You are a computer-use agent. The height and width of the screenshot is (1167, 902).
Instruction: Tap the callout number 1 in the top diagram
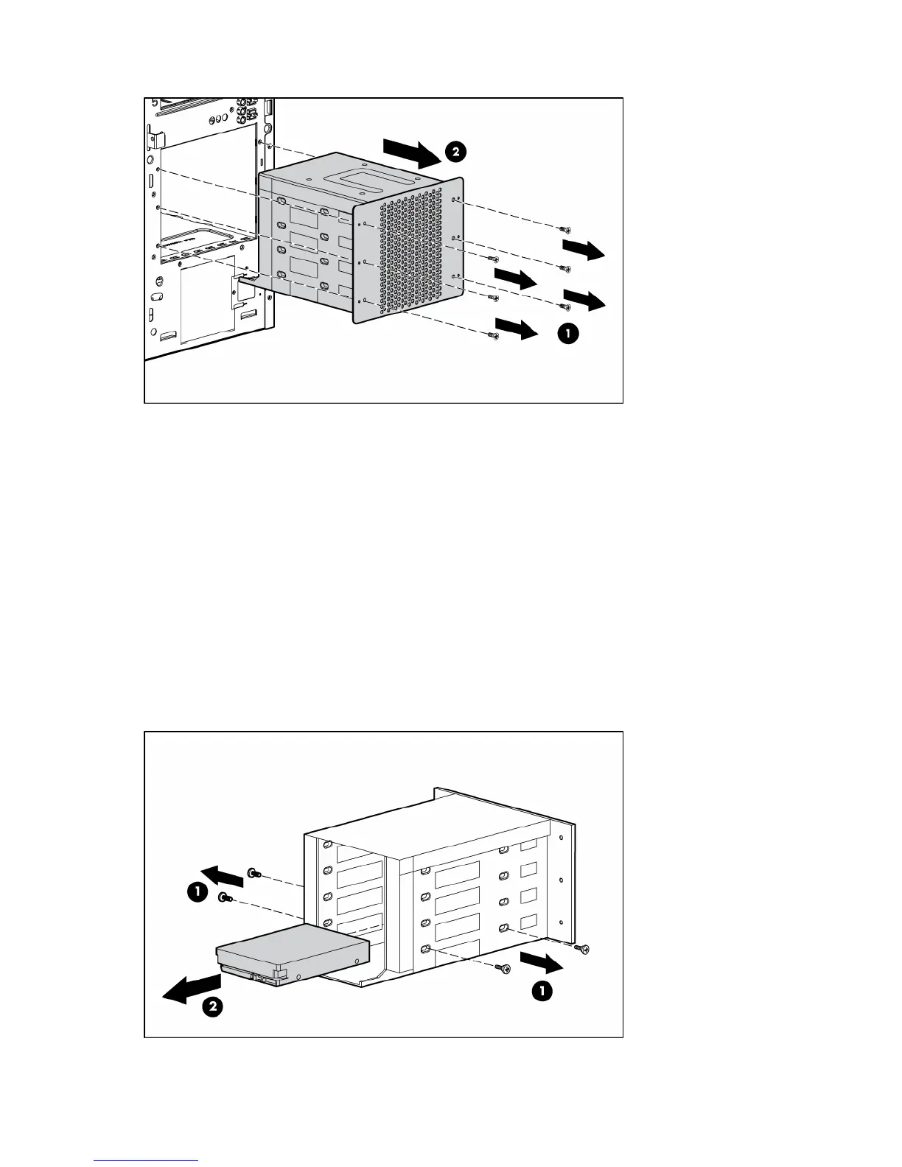click(x=567, y=334)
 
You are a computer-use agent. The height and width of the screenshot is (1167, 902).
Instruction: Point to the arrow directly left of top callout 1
click(x=517, y=329)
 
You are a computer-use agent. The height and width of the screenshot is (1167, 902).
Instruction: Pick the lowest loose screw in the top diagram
click(x=493, y=336)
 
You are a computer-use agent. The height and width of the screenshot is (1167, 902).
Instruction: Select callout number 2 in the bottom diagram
click(x=212, y=1006)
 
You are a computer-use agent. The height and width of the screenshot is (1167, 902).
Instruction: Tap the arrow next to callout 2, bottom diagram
click(x=192, y=987)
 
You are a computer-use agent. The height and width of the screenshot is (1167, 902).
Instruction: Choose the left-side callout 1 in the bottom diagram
click(x=196, y=893)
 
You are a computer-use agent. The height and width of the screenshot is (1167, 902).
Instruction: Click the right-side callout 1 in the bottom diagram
click(x=542, y=992)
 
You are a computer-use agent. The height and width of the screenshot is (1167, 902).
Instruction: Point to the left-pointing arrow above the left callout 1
click(x=223, y=875)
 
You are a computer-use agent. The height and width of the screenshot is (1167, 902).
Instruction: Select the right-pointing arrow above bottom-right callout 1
click(x=542, y=961)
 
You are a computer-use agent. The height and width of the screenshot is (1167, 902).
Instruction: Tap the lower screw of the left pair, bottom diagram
click(x=224, y=897)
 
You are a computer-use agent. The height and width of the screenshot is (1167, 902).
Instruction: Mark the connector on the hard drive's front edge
click(x=265, y=978)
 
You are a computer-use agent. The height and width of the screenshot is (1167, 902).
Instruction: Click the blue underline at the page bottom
click(x=147, y=1160)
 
